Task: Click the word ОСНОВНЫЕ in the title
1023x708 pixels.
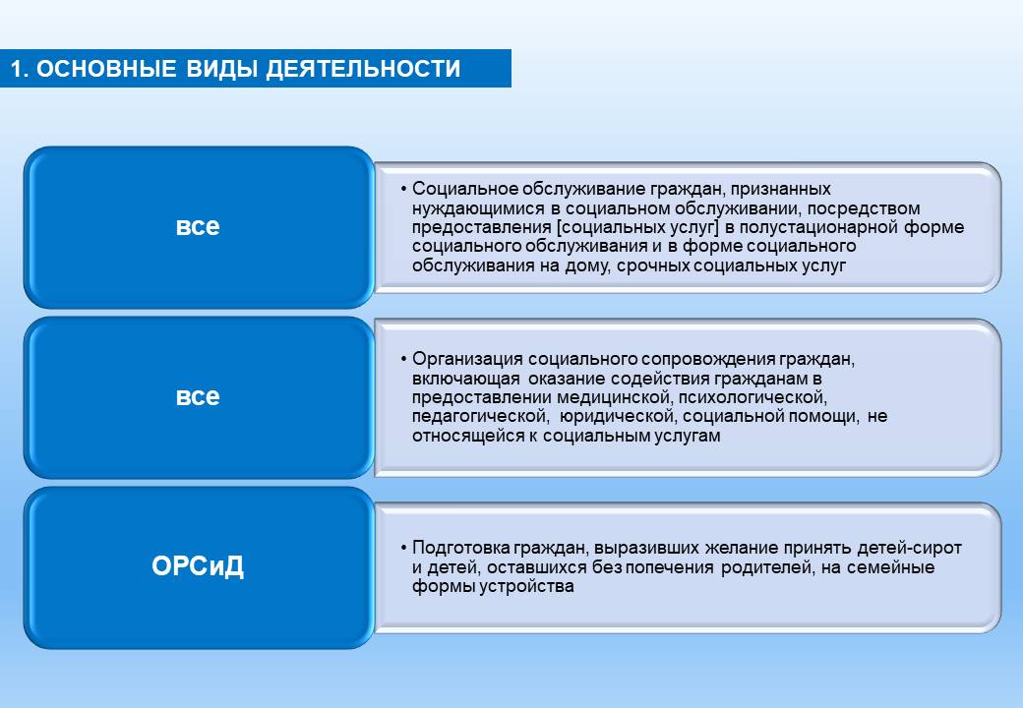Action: pos(106,69)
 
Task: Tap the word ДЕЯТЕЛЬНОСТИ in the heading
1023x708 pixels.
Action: pos(363,69)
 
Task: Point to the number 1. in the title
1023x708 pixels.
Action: pos(20,69)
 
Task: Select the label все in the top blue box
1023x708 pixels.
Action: pos(198,226)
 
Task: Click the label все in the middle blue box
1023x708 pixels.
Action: pos(198,396)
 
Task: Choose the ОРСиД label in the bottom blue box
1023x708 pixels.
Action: pos(198,565)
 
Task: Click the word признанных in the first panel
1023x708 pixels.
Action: pos(780,190)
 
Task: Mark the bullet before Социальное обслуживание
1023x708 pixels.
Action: pos(404,189)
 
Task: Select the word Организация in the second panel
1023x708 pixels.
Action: pos(467,359)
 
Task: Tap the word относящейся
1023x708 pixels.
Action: pos(468,436)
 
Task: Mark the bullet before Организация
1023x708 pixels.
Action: pos(404,359)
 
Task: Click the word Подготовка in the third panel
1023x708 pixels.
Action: pos(460,548)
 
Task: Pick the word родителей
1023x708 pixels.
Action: pos(767,567)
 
